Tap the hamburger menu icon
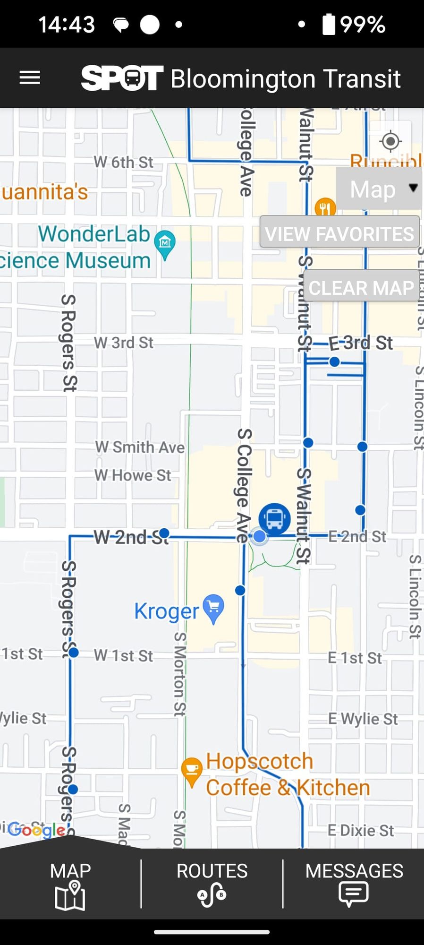coord(30,78)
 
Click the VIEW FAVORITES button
coord(339,233)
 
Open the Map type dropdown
coord(379,189)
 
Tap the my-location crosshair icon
coord(390,141)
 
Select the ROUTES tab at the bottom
coord(212,884)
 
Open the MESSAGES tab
coord(354,884)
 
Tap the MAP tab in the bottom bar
coord(70,884)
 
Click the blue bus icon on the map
coord(274,519)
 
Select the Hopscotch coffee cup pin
coord(192,770)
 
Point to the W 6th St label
coord(124,162)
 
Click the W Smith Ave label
coord(140,447)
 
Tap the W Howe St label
coord(133,475)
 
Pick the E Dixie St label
coord(361,830)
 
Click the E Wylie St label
coord(363,719)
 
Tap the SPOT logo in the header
coord(122,78)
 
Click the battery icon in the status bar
coord(329,24)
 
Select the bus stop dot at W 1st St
coord(74,653)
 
